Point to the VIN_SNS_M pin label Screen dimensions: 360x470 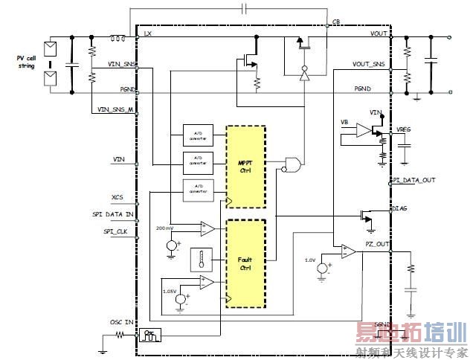tap(116, 109)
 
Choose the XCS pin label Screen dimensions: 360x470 tap(117, 198)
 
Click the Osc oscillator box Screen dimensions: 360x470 tap(149, 335)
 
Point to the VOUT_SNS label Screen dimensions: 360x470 tap(369, 64)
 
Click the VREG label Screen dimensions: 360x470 tap(405, 129)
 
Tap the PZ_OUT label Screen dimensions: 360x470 tap(377, 245)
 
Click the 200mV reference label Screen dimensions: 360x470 tap(166, 227)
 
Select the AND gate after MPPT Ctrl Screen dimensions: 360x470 tap(293, 164)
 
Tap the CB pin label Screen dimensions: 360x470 tap(336, 22)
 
